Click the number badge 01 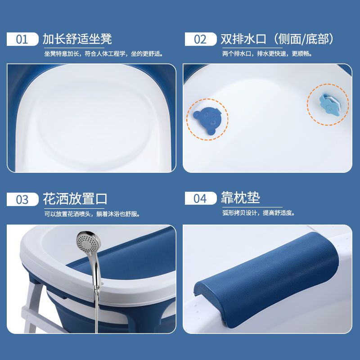click(x=22, y=39)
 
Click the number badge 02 click(x=200, y=39)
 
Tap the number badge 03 click(x=22, y=199)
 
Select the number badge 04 click(x=200, y=198)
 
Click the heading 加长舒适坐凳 click(x=77, y=39)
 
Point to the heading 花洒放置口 click(x=75, y=199)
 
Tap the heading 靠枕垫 click(x=240, y=198)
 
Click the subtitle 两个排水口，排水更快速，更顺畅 click(x=267, y=54)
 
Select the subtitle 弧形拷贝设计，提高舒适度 click(x=258, y=213)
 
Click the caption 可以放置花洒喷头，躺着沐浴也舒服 click(x=92, y=214)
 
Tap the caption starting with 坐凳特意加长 click(x=104, y=54)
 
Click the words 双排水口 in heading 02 click(x=243, y=39)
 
